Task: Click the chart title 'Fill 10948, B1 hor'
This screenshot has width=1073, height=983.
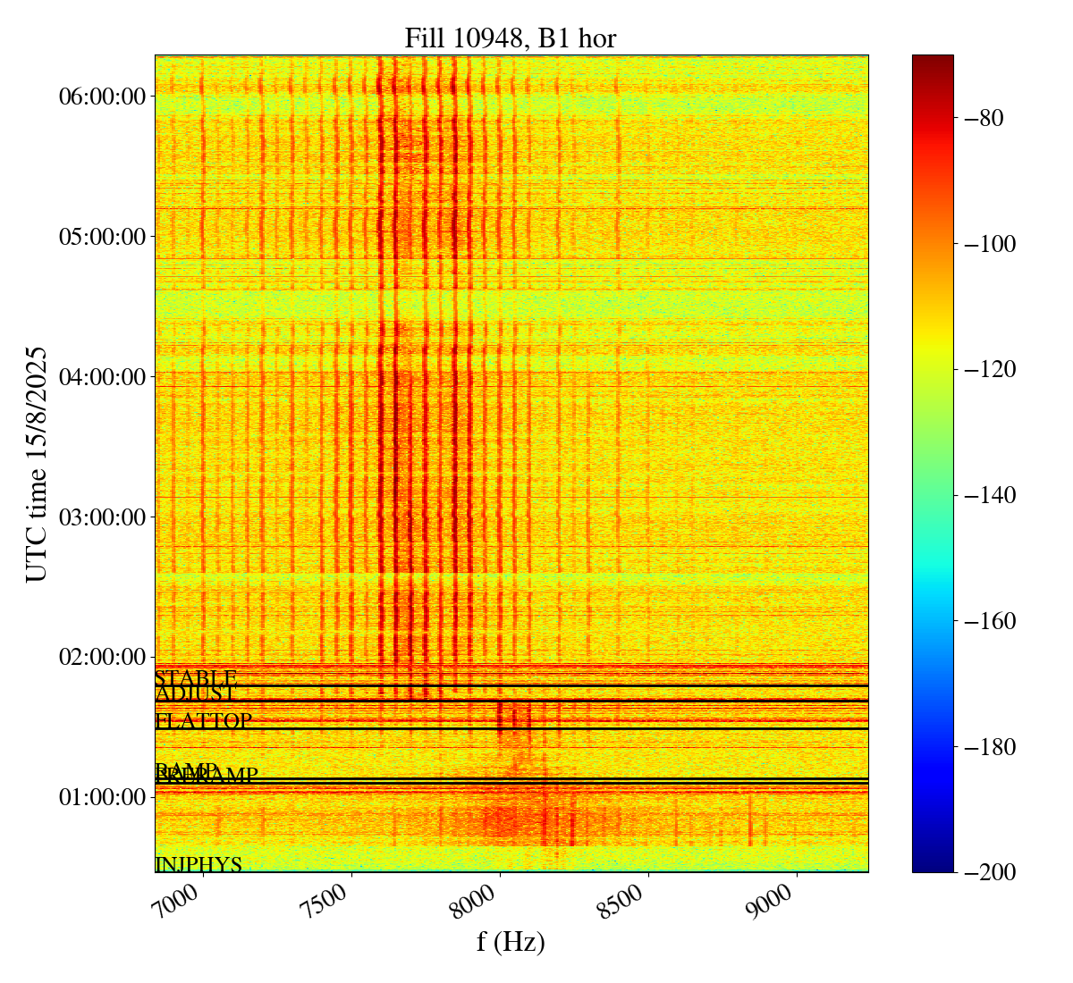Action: pos(510,38)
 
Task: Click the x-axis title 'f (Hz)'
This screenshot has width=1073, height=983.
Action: pos(511,941)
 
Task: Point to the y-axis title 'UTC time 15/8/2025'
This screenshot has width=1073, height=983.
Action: pos(37,464)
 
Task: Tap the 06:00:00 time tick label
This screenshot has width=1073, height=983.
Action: pos(102,97)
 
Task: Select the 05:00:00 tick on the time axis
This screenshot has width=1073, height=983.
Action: pos(102,237)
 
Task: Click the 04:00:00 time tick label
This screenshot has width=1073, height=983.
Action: pos(102,377)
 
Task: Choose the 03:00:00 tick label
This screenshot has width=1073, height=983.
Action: pos(102,517)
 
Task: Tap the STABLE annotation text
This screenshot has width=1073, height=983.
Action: pos(196,678)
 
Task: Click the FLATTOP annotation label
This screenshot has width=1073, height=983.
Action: pos(204,721)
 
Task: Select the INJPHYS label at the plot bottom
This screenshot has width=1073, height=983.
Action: pos(199,865)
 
